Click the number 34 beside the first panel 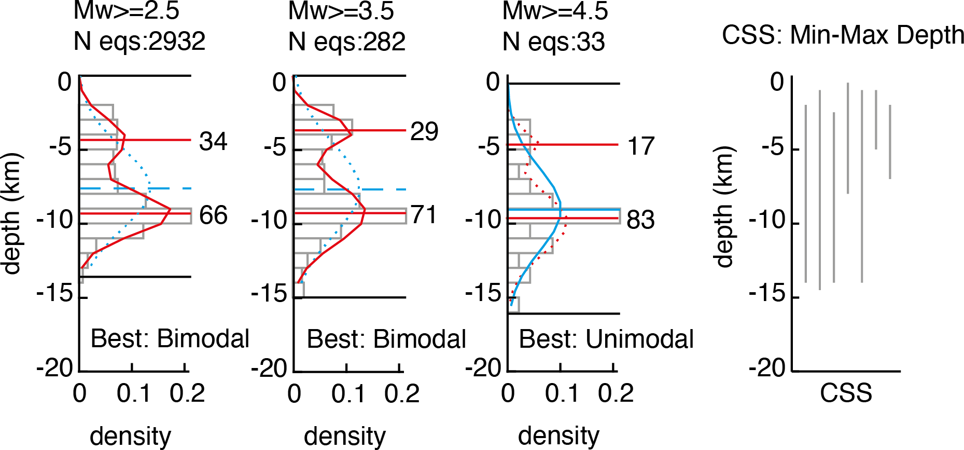(213, 141)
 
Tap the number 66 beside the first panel (213, 215)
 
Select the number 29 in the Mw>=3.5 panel (424, 131)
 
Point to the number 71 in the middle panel (424, 214)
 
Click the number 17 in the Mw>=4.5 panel (641, 146)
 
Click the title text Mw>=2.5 (126, 11)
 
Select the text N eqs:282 (346, 42)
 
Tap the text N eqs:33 (553, 42)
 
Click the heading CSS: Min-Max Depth (843, 35)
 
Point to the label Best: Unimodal (606, 339)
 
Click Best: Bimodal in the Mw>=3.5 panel (386, 339)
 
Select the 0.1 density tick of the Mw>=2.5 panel (133, 393)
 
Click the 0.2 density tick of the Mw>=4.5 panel (616, 393)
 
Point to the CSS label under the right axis (846, 393)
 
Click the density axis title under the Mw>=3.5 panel (345, 436)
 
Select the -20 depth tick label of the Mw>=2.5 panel (55, 369)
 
